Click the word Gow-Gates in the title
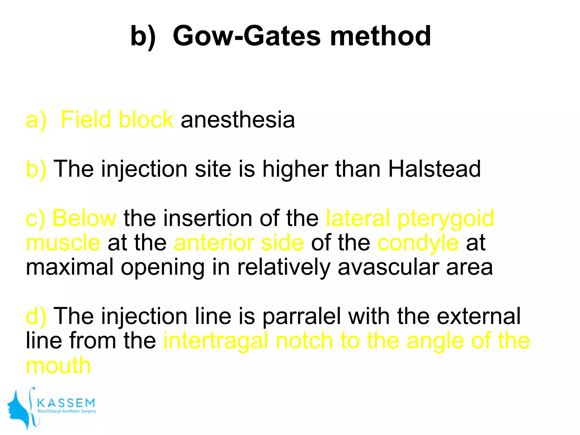(246, 36)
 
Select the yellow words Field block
(117, 120)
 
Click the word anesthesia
(238, 120)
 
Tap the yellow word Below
(84, 218)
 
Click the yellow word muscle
(63, 243)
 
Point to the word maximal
(69, 267)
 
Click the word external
(478, 316)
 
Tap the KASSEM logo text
(66, 403)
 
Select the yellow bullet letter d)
(36, 316)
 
